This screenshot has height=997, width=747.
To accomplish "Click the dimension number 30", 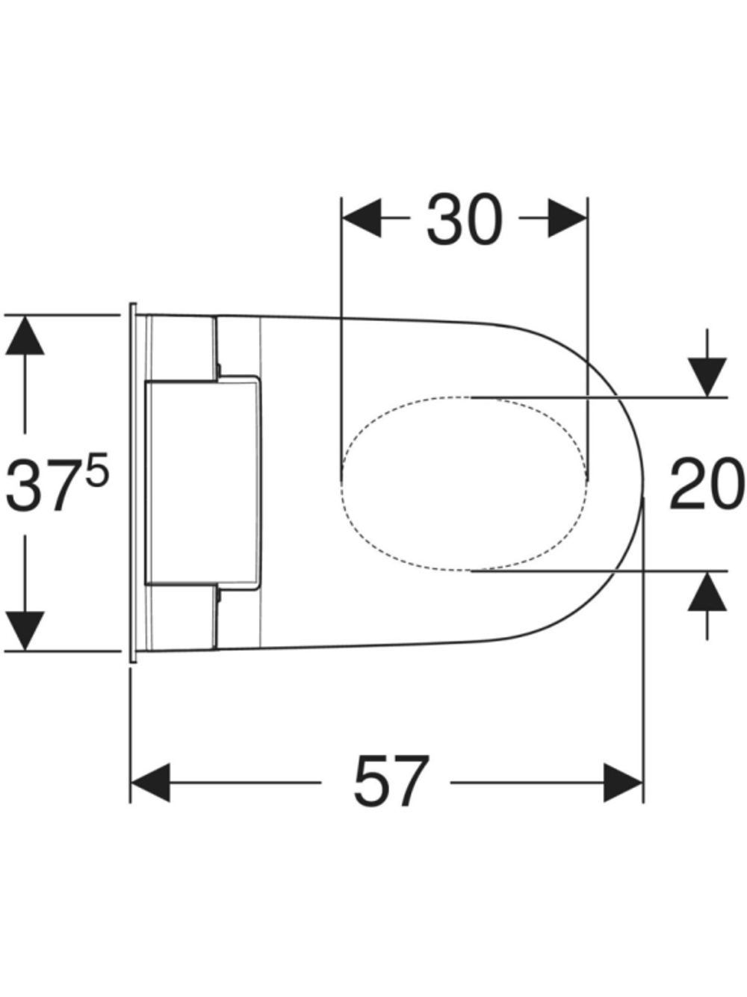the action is click(x=465, y=220).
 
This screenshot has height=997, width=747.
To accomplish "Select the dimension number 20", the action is click(x=707, y=483).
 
